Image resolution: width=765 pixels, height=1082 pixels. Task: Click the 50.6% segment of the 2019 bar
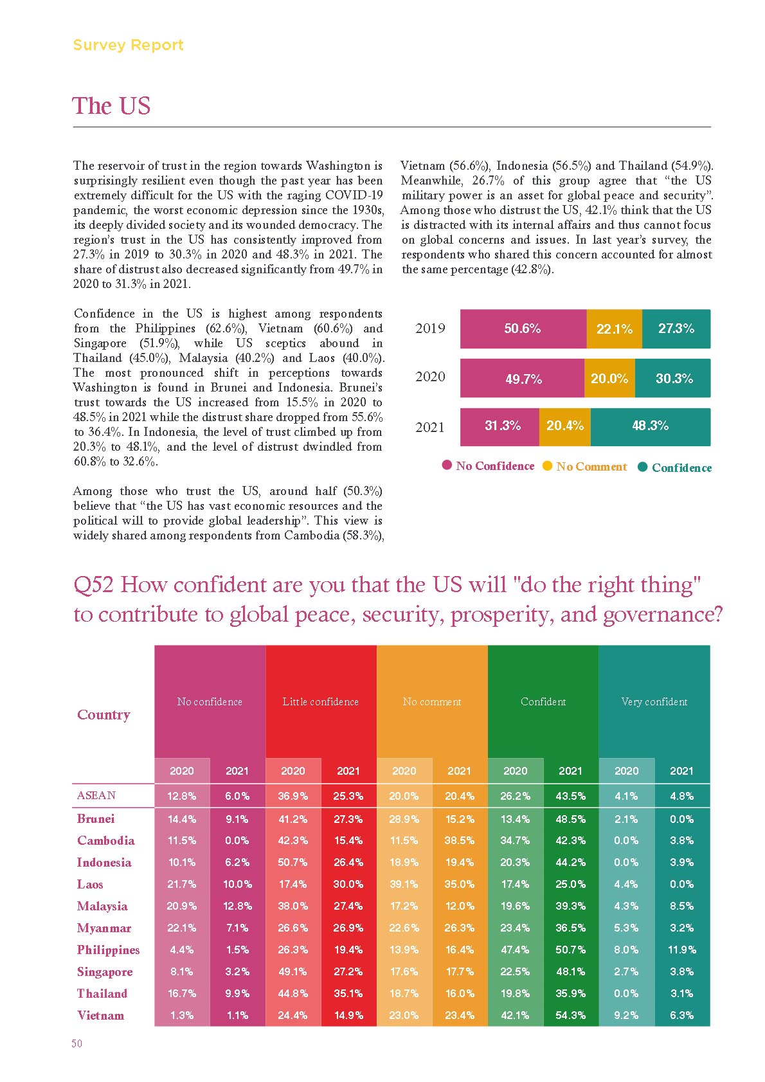point(523,329)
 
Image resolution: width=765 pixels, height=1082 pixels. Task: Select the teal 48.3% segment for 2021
point(650,426)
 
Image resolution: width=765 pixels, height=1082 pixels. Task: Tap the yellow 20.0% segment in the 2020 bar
point(609,378)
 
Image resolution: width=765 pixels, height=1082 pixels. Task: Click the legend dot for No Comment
point(547,465)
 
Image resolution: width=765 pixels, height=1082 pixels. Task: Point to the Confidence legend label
point(681,467)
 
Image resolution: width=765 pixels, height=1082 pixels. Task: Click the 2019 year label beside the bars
point(430,329)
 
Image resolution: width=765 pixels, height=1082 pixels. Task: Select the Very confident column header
point(654,701)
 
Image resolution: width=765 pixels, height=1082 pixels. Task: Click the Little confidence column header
point(321,701)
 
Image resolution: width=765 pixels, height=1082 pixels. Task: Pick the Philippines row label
point(108,950)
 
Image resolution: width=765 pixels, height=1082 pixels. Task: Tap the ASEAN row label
point(96,795)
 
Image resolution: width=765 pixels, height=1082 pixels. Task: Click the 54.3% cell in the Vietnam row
point(570,1015)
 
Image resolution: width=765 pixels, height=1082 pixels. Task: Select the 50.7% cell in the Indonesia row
point(292,862)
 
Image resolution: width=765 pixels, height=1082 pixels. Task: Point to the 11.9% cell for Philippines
point(681,950)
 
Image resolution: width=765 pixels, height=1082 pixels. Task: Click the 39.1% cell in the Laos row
point(404,884)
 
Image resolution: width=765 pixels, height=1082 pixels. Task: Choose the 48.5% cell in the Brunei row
point(570,819)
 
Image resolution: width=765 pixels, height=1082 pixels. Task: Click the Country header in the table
point(104,714)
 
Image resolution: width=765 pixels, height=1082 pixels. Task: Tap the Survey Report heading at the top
point(128,45)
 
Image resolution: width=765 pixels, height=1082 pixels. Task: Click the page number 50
point(76,1043)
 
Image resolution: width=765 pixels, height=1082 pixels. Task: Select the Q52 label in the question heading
point(93,585)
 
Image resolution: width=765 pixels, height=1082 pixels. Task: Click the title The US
point(111,105)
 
